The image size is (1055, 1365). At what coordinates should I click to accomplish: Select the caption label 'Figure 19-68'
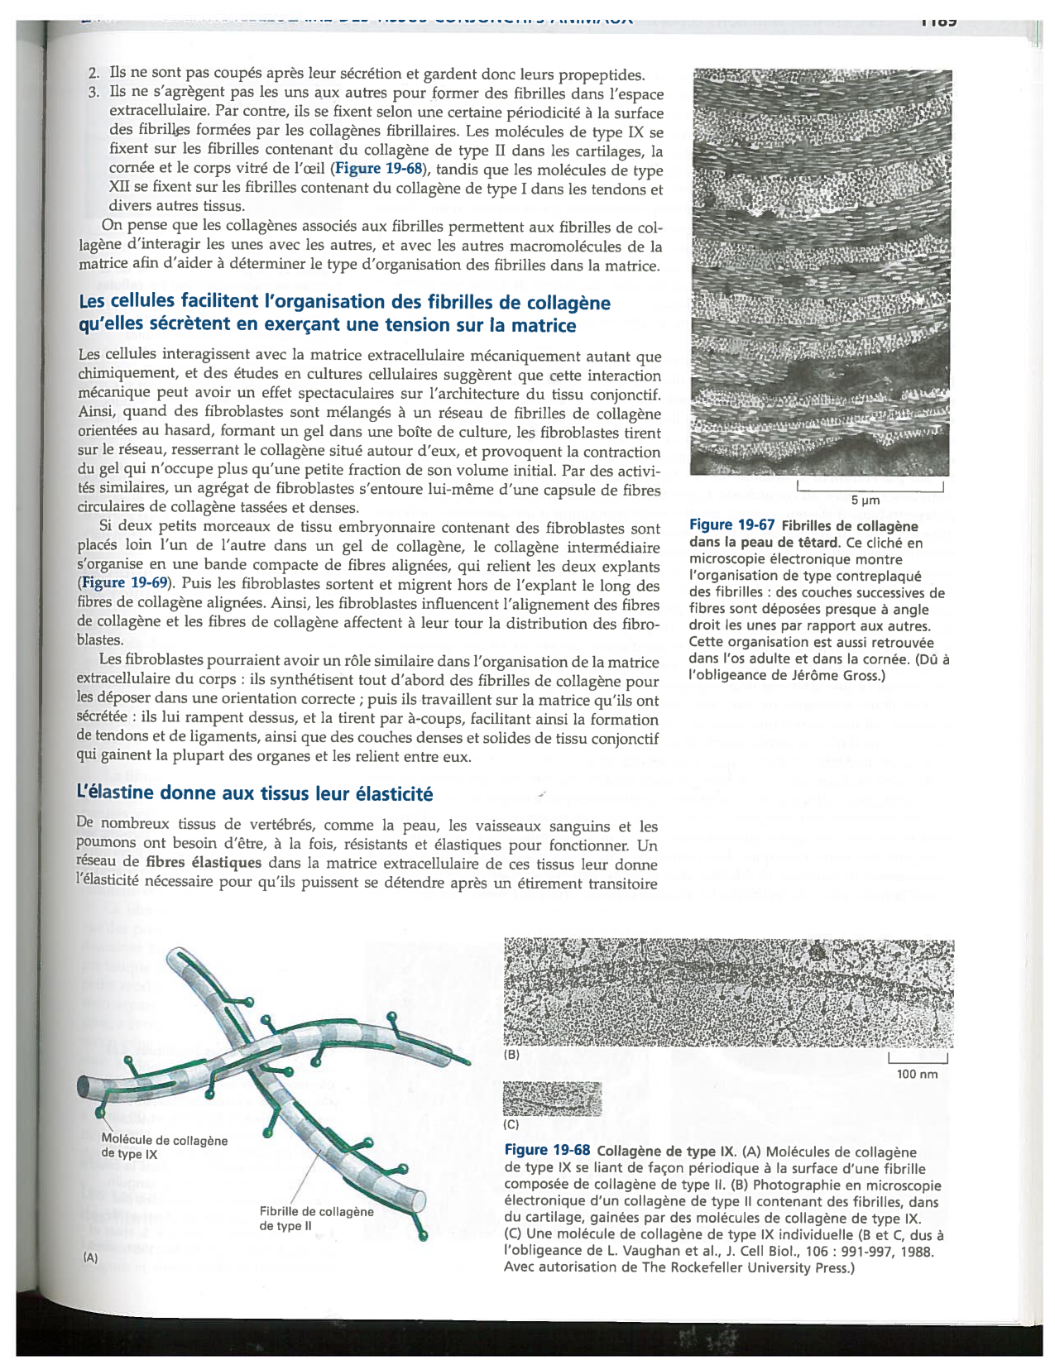point(547,1150)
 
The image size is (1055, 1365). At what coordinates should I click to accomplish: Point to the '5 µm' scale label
point(866,500)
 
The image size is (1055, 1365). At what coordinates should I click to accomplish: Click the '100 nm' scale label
point(917,1074)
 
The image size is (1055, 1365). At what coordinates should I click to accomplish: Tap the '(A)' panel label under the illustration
point(89,1257)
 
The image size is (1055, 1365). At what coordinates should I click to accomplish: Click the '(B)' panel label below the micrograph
point(511,1055)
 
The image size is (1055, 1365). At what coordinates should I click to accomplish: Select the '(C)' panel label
point(511,1125)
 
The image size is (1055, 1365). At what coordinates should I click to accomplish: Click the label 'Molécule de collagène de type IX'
point(163,1147)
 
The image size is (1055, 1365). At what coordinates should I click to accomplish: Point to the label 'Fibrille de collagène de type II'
point(315,1218)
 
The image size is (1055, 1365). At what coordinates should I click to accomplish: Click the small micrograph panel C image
point(552,1099)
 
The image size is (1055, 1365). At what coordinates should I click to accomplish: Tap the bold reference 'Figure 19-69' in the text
point(125,583)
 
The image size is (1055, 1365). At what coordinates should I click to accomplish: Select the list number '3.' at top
point(94,93)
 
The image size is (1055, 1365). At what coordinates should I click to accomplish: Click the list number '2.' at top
point(94,74)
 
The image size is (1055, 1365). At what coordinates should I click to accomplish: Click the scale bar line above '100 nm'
point(917,1061)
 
